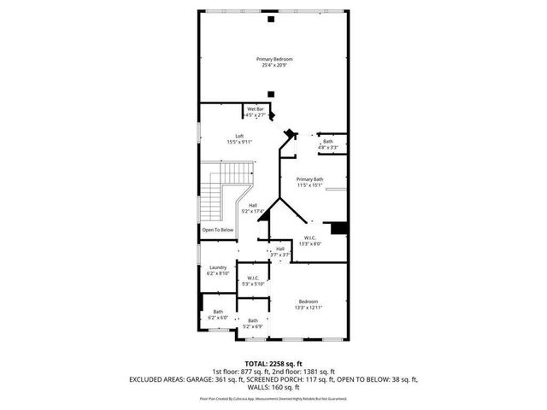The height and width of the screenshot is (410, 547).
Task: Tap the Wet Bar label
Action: point(255,112)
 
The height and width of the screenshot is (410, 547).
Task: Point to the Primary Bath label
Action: point(309,181)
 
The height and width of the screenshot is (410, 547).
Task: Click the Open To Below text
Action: point(218,230)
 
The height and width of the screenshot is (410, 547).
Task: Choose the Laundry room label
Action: point(218,270)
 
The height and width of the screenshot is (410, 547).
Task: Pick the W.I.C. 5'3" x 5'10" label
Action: point(253,280)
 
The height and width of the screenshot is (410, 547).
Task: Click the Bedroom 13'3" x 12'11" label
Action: point(308,304)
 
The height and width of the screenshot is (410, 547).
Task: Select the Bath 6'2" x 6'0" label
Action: point(218,314)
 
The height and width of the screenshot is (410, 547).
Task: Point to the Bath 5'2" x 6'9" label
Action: point(253,323)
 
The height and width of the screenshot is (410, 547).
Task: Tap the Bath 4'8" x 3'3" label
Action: point(328,144)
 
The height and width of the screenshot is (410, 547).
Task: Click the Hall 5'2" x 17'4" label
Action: point(253,208)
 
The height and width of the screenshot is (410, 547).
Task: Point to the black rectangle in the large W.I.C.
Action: point(338,226)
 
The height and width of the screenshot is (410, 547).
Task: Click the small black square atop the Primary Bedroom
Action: point(271,18)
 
